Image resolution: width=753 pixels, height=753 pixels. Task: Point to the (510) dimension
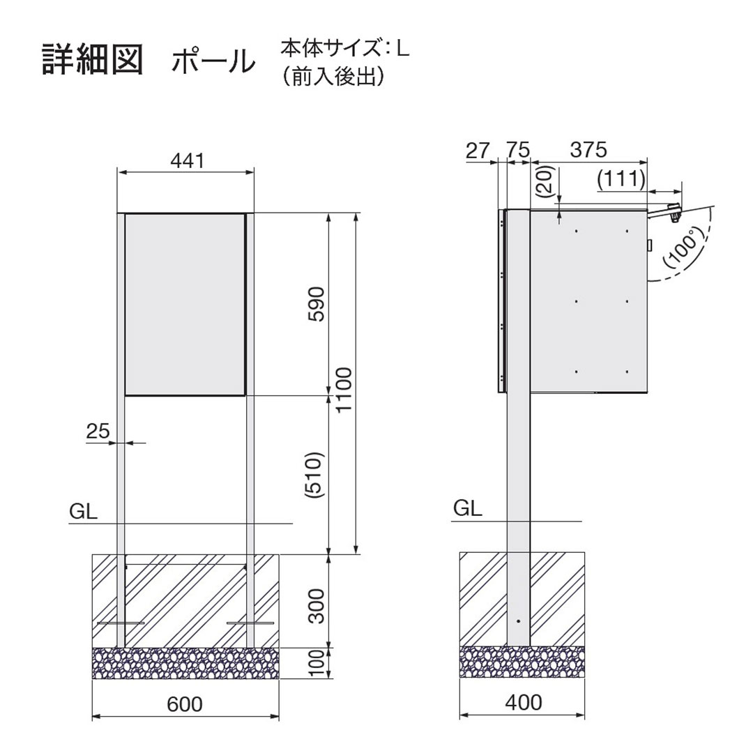point(316,474)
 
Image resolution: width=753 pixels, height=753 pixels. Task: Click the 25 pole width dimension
point(98,432)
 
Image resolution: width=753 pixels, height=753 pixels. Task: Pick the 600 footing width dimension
point(185,704)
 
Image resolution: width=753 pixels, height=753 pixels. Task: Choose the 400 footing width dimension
point(522,702)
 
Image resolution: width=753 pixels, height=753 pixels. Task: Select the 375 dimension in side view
point(589,150)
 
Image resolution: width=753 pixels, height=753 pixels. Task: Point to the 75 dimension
point(517,150)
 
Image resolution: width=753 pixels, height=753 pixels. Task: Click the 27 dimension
point(479,150)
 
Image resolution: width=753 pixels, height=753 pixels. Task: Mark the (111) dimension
point(621,179)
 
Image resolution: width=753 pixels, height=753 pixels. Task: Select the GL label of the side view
point(468,508)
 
